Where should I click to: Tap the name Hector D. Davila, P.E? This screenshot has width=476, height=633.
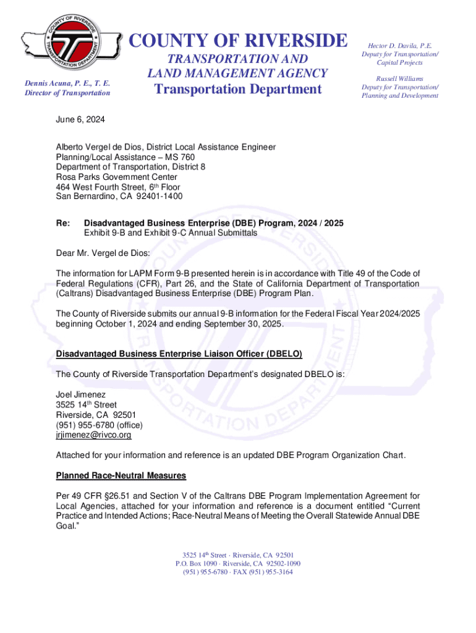click(400, 46)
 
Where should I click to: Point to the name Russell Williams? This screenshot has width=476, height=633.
click(400, 79)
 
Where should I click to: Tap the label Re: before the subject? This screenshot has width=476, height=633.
click(63, 223)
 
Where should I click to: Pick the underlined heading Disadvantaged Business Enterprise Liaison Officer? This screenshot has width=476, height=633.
click(179, 354)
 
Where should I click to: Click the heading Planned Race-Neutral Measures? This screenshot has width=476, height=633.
click(121, 476)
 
